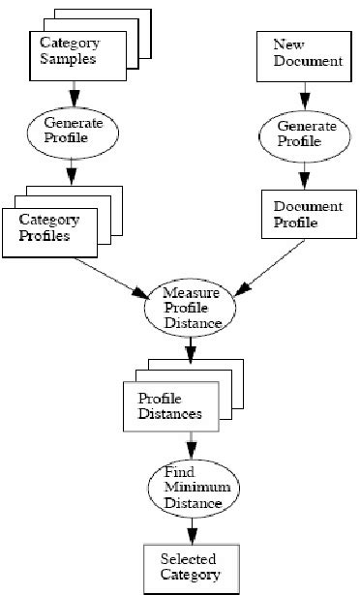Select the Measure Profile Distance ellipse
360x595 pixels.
[191, 308]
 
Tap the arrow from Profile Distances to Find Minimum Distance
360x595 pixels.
[191, 446]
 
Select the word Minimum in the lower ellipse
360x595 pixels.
[191, 488]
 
